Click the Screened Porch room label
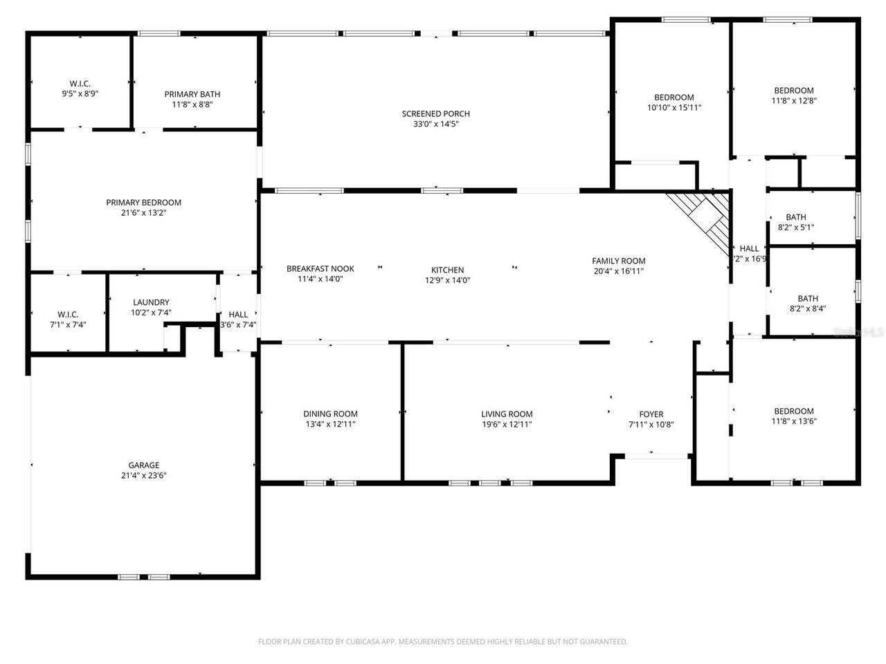point(436,114)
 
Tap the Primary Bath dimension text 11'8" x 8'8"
point(192,104)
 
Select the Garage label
point(143,465)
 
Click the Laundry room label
point(151,302)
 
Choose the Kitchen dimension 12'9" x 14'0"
point(448,280)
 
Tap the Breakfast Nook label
point(320,269)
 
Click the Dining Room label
point(330,414)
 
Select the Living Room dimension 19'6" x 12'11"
point(507,425)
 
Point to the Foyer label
point(651,415)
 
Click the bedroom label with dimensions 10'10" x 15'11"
point(674,98)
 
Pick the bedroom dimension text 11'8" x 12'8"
point(793,100)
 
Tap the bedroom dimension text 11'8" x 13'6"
point(793,421)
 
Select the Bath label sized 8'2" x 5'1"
point(795,217)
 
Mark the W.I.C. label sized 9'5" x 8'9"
point(80,84)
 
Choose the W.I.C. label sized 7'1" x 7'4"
point(68,314)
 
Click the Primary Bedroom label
point(143,203)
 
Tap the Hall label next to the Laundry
point(238,315)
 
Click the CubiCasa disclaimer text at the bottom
point(443,642)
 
